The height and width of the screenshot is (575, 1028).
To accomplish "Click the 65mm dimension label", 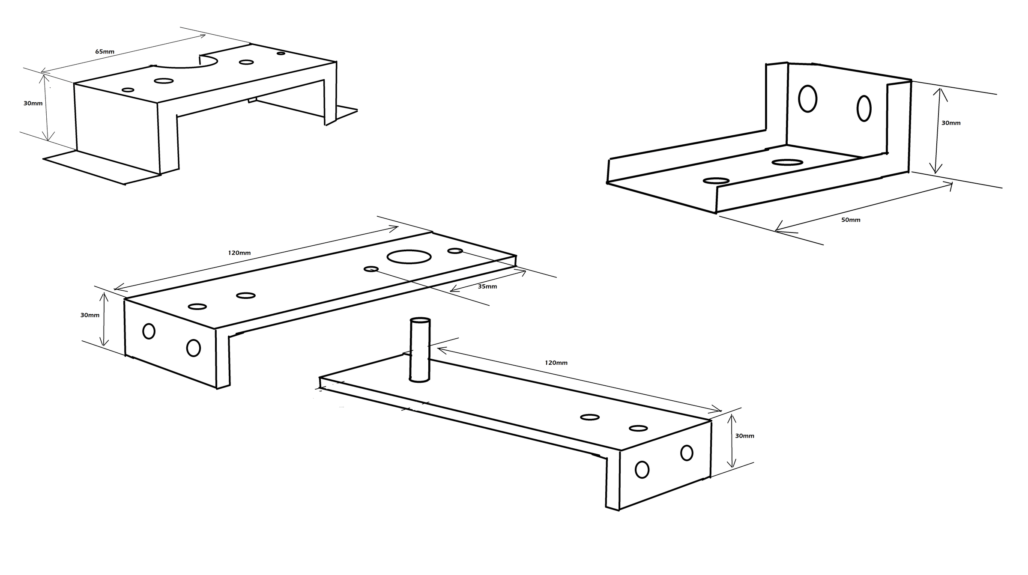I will [x=105, y=52].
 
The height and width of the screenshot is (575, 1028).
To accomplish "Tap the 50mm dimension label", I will [x=851, y=220].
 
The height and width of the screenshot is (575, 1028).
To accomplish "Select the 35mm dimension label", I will [x=487, y=286].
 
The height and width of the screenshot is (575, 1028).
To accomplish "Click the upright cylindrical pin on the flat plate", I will [x=420, y=350].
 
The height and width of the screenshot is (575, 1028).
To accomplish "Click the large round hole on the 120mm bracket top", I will [x=409, y=257].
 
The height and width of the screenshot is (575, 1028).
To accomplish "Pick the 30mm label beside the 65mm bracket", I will [x=33, y=103].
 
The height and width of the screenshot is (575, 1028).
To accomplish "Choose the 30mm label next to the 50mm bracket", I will [x=951, y=123].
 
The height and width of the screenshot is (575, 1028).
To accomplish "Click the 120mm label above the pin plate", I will [x=556, y=363].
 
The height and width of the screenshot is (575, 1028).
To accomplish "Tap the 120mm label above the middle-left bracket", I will [x=239, y=253].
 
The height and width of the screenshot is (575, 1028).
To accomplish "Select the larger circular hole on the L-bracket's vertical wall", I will [x=808, y=99].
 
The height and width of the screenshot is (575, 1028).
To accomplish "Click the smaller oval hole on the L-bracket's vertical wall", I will [x=864, y=108].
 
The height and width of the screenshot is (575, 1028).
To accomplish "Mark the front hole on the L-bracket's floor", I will [x=716, y=181].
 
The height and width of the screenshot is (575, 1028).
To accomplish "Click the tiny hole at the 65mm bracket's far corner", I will [x=281, y=54].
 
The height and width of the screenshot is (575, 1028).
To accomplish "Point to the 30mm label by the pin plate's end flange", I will [x=744, y=436].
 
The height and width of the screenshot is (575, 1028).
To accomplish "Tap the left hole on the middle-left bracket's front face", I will [x=149, y=331].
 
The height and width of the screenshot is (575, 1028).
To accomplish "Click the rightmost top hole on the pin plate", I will [x=638, y=428].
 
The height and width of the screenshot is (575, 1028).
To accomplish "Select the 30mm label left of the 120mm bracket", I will [x=90, y=315].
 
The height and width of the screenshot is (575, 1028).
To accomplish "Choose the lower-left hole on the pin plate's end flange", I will [x=642, y=469].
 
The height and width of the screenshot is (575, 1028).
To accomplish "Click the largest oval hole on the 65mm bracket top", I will [x=164, y=81].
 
